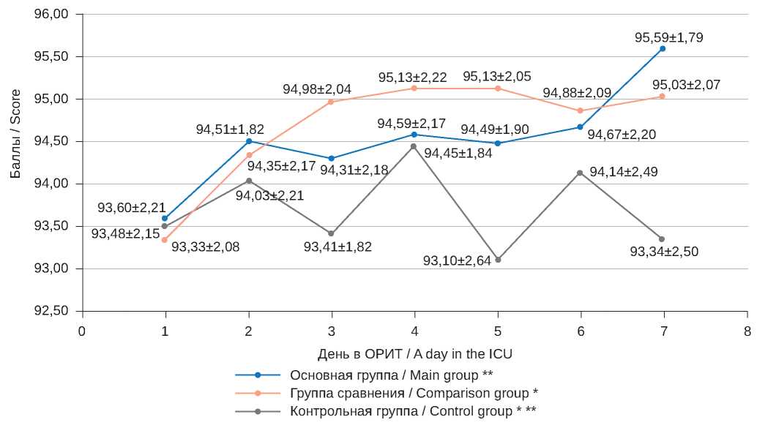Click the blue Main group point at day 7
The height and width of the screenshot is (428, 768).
point(663,48)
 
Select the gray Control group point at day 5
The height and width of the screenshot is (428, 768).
point(498,260)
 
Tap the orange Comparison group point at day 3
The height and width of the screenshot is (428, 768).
point(331,102)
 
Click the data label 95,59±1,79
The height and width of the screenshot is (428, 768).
point(669,37)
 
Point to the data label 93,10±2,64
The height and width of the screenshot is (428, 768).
point(457,260)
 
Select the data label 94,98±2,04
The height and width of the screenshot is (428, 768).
point(317,89)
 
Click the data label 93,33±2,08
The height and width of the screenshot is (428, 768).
point(205,247)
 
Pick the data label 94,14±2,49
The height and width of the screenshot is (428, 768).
point(623,172)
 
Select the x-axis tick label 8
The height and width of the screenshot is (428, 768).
point(747,331)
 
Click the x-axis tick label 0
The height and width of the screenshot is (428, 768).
point(82,331)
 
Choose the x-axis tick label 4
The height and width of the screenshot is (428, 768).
point(414,331)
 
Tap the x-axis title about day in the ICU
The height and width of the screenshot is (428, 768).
point(414,354)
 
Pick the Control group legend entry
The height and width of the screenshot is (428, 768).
point(413,410)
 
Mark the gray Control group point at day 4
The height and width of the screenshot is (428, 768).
point(414,146)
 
